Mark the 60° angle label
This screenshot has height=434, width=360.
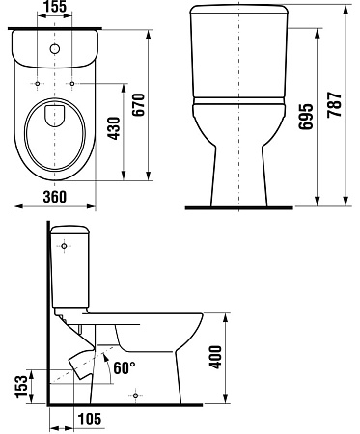(x=125, y=367)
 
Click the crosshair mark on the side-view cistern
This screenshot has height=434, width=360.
(x=66, y=248)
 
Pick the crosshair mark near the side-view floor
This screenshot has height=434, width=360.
(x=137, y=395)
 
